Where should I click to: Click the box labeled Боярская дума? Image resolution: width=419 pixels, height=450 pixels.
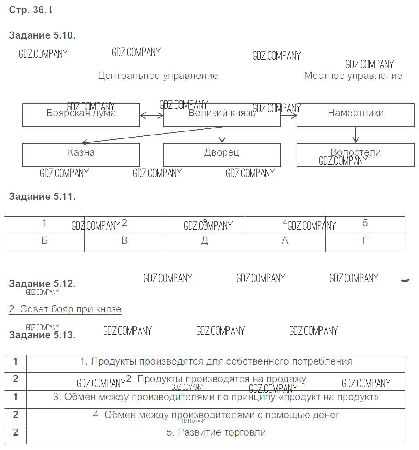click(81, 115)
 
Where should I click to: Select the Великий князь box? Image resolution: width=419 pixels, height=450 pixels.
click(222, 115)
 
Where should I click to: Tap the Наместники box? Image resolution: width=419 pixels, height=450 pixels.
click(355, 115)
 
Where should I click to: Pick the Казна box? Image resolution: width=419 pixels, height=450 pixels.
click(81, 155)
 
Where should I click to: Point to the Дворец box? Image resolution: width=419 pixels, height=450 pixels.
click(222, 155)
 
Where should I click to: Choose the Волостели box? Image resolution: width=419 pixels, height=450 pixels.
click(355, 155)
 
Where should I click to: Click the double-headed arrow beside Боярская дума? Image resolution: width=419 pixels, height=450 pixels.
click(151, 116)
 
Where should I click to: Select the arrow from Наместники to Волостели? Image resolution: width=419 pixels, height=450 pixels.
click(355, 135)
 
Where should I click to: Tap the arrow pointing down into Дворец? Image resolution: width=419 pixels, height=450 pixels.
click(222, 135)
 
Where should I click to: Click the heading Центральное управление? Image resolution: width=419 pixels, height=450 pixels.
click(158, 76)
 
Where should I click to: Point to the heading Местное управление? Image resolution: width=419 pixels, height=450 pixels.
click(353, 76)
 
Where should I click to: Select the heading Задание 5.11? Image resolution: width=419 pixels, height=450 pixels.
click(42, 197)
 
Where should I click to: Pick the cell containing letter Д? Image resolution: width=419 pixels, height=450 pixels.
click(205, 241)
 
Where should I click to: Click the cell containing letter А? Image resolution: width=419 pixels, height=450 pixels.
click(285, 241)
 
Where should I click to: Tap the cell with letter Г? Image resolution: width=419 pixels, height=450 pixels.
click(365, 241)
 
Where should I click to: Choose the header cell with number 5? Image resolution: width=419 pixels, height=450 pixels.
click(365, 223)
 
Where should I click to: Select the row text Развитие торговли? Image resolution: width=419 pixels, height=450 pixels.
click(216, 432)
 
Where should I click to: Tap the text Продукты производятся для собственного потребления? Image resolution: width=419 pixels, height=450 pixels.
click(216, 361)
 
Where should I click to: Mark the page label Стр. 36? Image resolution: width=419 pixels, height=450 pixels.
click(27, 10)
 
